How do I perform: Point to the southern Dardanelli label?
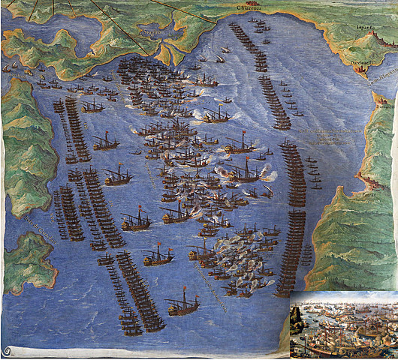pyautogui.click(x=381, y=107)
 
